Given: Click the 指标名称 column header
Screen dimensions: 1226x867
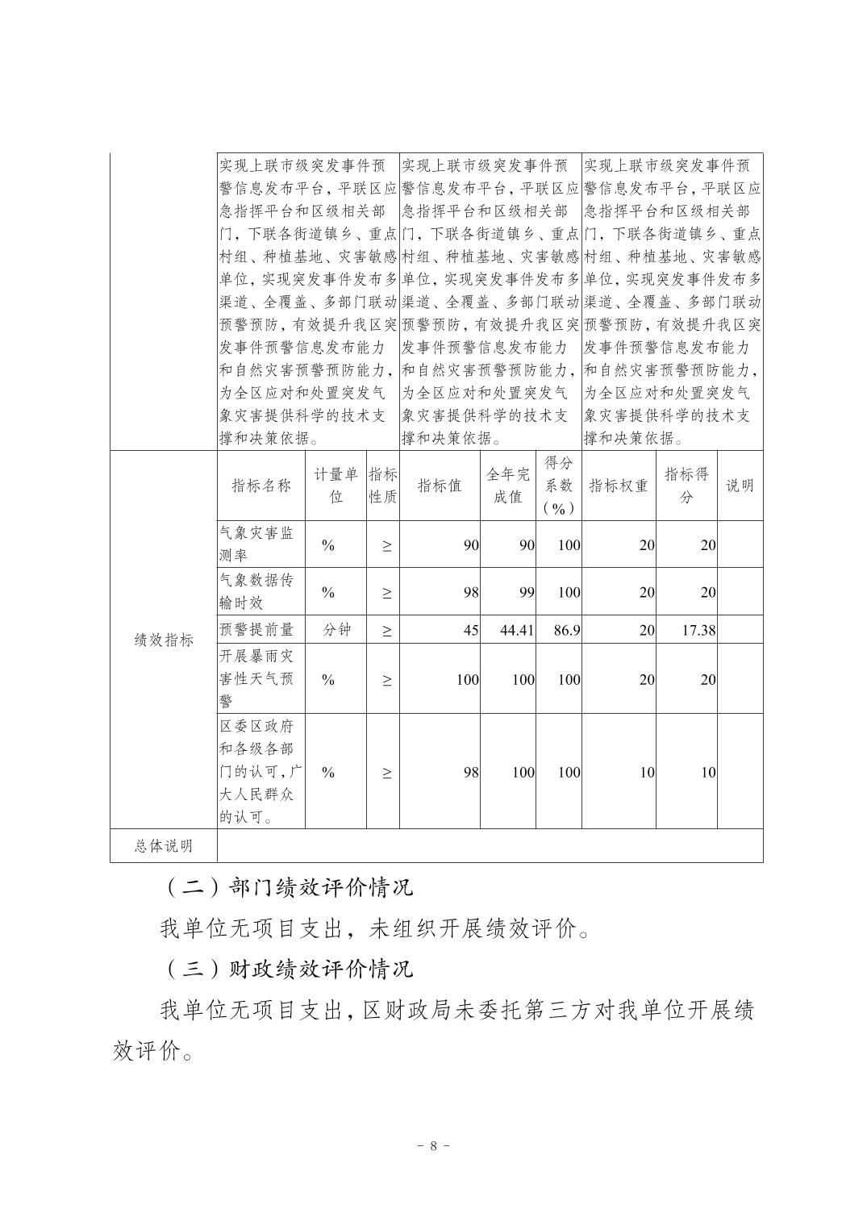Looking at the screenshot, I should [261, 486].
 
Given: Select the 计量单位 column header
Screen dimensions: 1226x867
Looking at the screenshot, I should [336, 486].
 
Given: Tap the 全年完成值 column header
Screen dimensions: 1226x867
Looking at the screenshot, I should [507, 486].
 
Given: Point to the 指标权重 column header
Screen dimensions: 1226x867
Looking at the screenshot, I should [618, 486].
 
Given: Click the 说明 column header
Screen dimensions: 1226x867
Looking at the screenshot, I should [740, 486].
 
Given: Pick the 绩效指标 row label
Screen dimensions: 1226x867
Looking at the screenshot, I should [163, 640].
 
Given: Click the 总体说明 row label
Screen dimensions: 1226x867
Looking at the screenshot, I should [163, 845].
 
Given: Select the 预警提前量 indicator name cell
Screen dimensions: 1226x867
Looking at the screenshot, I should [257, 630].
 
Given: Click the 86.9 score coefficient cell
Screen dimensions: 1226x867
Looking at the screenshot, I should [566, 630].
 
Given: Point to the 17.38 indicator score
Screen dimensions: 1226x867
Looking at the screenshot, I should [698, 630].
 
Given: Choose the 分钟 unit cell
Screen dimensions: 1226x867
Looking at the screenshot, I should [336, 630].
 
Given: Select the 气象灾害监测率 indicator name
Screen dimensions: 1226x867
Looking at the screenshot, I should [257, 544].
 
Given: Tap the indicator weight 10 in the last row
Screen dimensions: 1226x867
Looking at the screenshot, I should [646, 772].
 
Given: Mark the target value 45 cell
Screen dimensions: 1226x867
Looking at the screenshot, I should [470, 630].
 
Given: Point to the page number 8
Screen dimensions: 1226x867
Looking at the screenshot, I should [433, 1145].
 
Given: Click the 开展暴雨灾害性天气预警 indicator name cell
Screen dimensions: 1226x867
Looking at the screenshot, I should [257, 678].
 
